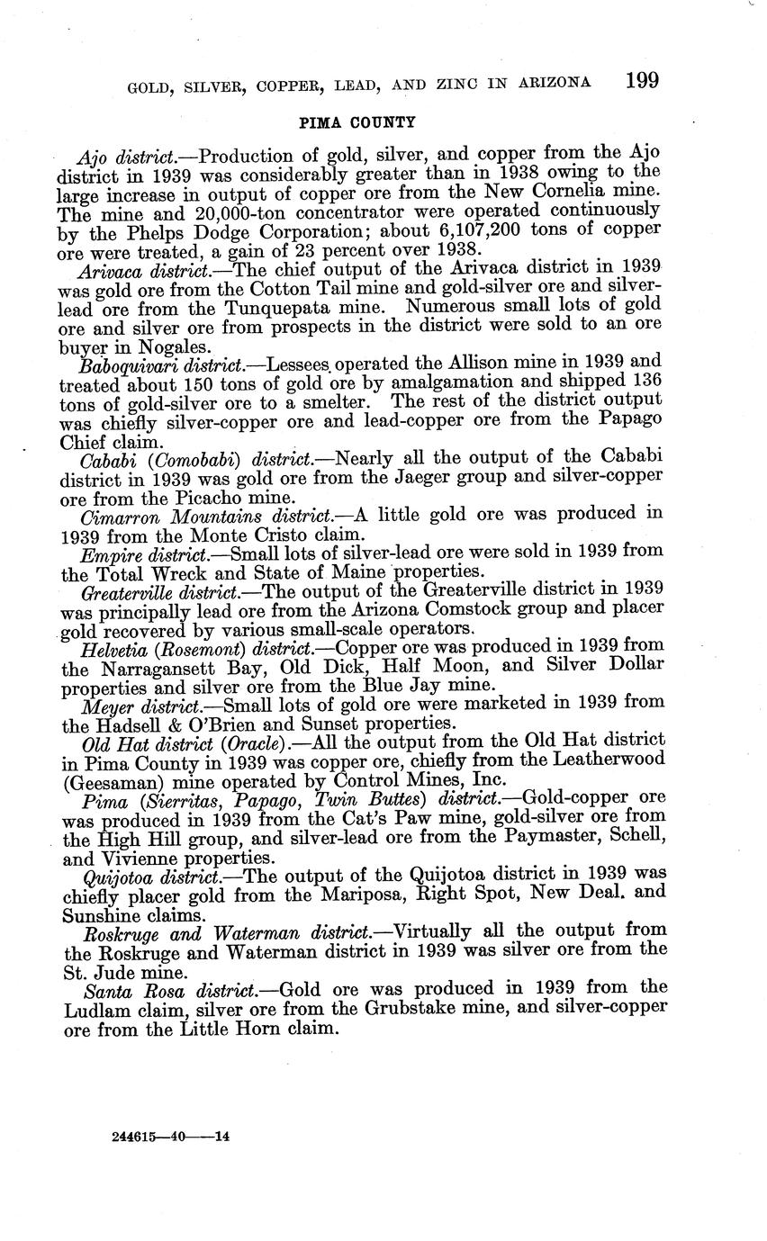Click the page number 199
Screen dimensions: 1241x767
(641, 80)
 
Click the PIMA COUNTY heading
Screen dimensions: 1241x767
(357, 121)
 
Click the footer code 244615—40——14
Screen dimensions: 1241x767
(172, 1137)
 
